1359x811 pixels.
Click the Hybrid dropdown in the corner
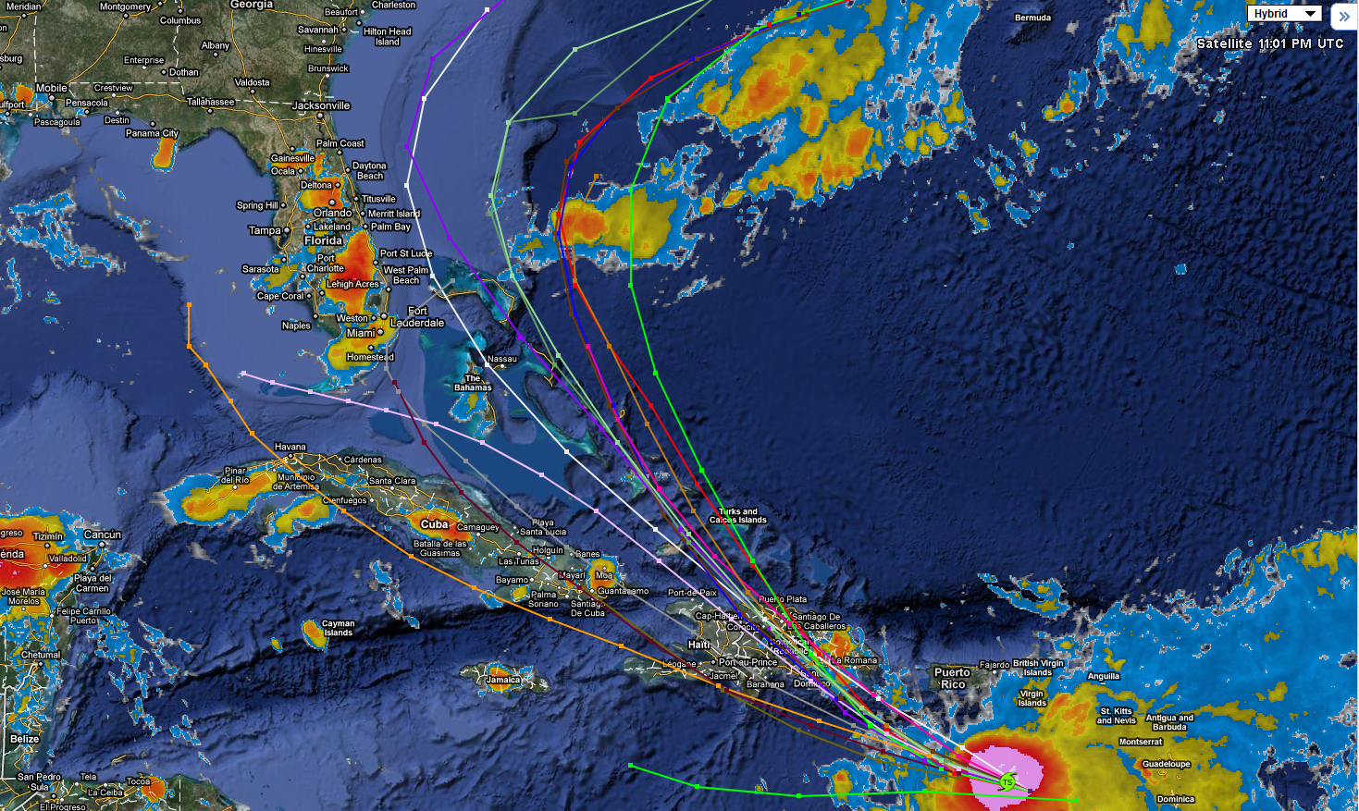pos(1284,14)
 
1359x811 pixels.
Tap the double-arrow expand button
pos(1343,16)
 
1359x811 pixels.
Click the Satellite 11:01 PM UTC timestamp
pos(1269,43)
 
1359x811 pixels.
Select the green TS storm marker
pos(1007,782)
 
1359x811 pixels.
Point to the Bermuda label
pos(1032,18)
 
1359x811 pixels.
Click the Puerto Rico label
pos(951,678)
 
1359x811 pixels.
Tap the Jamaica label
pos(503,680)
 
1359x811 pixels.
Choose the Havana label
pos(290,447)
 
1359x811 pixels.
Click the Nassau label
pos(501,359)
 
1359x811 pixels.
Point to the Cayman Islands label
pos(338,628)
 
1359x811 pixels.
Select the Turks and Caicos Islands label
pos(737,515)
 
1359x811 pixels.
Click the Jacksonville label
pos(321,105)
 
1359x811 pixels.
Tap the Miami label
pos(361,333)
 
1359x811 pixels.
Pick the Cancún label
pos(103,535)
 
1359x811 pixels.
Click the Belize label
pos(25,739)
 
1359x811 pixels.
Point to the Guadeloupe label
pos(1166,764)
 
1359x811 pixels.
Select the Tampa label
pos(265,230)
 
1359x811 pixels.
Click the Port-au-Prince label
pos(747,662)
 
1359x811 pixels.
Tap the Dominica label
pos(1175,799)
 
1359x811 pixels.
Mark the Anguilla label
pos(1103,676)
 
